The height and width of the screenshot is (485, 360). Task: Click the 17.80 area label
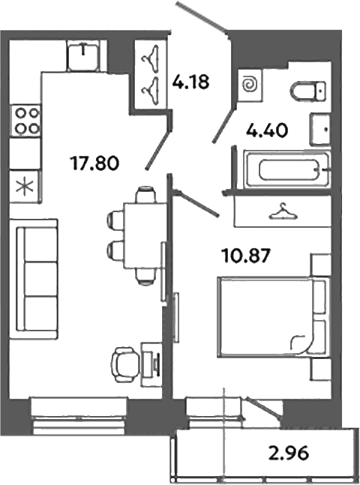[94, 163]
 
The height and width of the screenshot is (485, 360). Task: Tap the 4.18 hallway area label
[191, 82]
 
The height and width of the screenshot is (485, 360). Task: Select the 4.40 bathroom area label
[267, 131]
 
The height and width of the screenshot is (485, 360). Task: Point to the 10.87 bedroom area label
[246, 256]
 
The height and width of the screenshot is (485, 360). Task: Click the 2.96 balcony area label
[289, 453]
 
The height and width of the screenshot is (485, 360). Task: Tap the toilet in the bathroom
[308, 91]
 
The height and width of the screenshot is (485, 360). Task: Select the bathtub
[287, 169]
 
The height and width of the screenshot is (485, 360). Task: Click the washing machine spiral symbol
[250, 85]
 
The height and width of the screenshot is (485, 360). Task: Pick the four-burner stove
[25, 121]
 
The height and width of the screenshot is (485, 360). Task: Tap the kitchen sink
[83, 55]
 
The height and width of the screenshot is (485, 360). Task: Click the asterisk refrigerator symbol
[25, 187]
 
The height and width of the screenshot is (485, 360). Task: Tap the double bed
[273, 318]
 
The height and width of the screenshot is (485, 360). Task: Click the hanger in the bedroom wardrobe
[283, 211]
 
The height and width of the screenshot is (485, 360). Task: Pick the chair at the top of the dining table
[145, 193]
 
